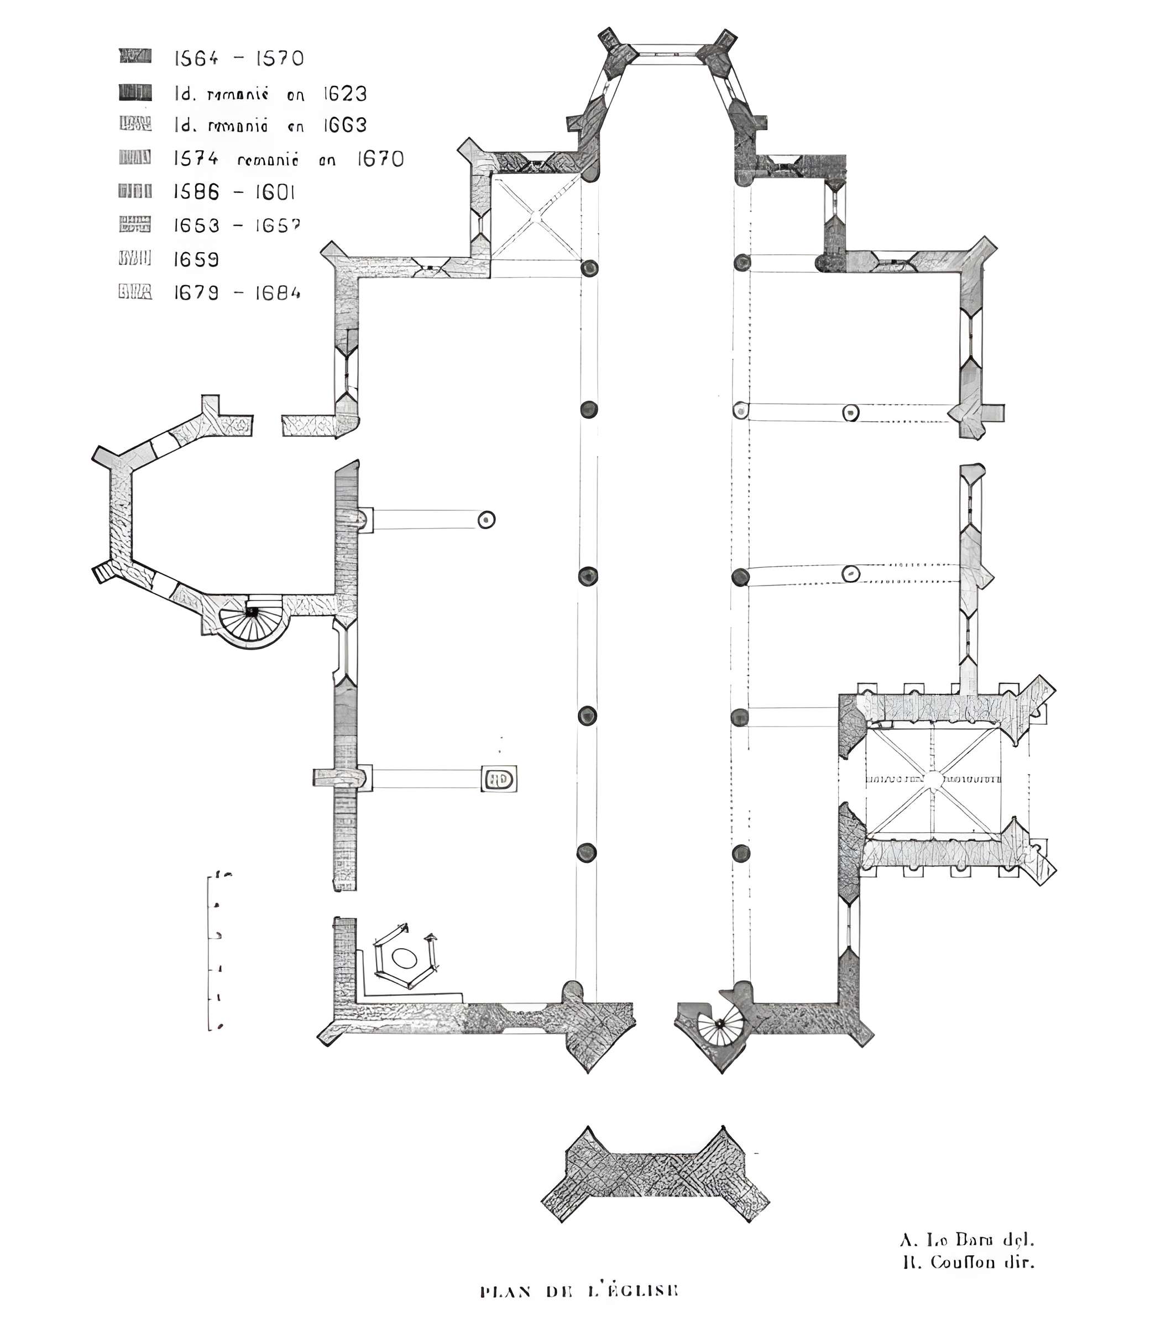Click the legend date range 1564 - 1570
click(238, 59)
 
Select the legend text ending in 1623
click(270, 94)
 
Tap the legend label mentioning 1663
click(270, 125)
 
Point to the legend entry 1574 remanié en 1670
click(288, 159)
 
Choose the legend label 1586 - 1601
click(234, 192)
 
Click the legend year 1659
click(196, 259)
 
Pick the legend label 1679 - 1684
click(237, 293)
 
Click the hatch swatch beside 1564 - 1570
click(135, 56)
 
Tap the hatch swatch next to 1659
click(135, 258)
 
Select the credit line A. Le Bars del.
click(966, 1240)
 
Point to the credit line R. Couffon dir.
click(968, 1262)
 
